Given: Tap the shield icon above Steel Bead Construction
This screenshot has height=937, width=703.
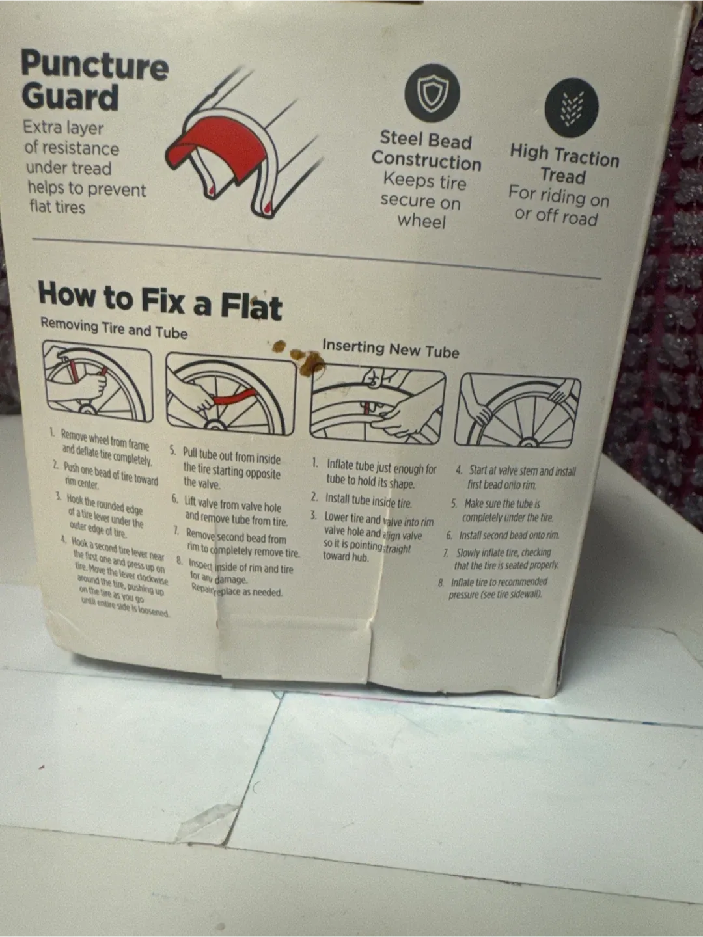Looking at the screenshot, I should point(432,93).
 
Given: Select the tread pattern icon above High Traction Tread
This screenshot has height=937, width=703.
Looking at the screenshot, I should point(571,107).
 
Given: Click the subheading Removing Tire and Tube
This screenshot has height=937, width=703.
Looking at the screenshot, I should point(113,328).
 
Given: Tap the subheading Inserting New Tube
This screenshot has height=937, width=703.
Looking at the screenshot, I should point(391,349).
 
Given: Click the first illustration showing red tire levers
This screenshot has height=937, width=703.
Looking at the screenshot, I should point(98,384).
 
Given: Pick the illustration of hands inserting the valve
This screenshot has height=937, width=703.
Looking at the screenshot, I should point(378,403).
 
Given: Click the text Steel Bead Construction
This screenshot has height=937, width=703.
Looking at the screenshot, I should point(426,150).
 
